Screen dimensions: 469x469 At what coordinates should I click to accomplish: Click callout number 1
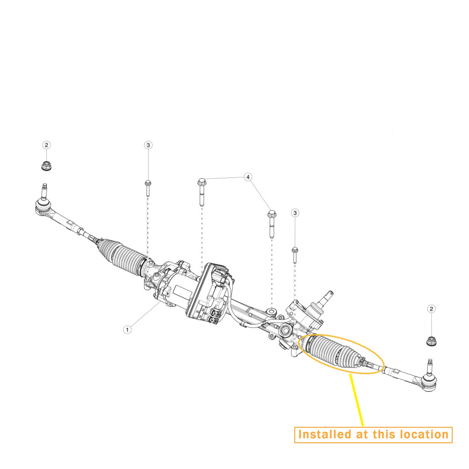click(128, 330)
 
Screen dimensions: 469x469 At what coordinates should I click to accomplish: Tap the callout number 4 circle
click(248, 177)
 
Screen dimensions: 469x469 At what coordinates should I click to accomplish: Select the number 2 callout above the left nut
click(46, 145)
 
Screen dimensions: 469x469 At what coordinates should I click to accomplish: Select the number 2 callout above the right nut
click(431, 309)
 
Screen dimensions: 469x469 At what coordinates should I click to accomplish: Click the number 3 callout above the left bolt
click(148, 145)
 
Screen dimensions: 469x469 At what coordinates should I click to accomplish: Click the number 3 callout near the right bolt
click(295, 213)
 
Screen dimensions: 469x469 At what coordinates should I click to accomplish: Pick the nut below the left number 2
click(46, 166)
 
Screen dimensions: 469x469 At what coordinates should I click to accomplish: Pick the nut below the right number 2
click(431, 341)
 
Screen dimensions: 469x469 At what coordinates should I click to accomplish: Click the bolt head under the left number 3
click(148, 182)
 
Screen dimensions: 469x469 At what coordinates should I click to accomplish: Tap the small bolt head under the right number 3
click(295, 249)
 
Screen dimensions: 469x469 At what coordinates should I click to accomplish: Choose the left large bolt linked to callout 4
click(202, 192)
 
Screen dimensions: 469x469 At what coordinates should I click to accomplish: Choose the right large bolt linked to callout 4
click(272, 224)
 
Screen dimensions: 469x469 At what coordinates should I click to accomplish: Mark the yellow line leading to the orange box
click(356, 400)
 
